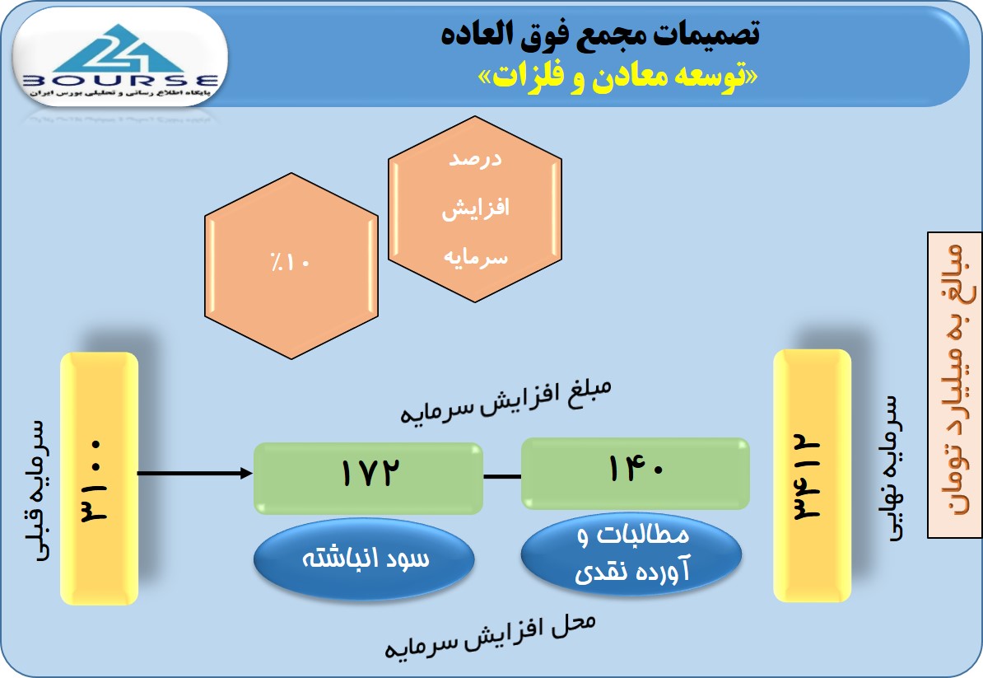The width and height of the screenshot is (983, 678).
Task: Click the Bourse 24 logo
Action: [119, 58]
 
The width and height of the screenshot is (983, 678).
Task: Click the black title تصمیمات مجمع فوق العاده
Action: [600, 33]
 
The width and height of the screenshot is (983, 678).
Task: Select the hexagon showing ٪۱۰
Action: [291, 266]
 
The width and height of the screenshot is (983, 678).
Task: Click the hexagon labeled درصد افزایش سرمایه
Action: [474, 209]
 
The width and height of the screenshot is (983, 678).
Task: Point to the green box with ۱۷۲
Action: [368, 478]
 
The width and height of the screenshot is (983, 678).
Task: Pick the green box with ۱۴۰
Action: [635, 473]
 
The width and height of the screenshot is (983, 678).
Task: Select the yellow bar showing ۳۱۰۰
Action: [99, 479]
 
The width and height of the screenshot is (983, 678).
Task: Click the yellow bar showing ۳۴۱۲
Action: [813, 475]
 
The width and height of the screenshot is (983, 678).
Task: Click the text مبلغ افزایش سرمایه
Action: [505, 401]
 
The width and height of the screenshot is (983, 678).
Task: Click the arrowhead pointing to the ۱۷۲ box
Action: [247, 473]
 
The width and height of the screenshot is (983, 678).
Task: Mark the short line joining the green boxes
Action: [502, 477]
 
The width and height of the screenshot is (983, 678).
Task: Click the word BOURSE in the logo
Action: [119, 80]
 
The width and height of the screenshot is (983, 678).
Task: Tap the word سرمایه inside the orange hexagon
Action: [475, 257]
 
